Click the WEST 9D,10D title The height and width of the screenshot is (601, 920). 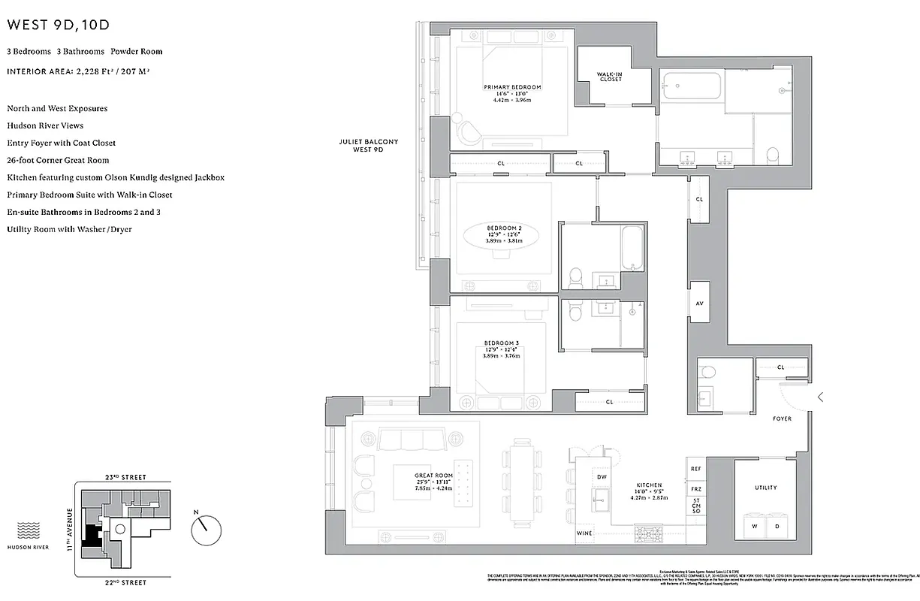59,25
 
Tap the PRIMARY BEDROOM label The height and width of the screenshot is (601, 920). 512,87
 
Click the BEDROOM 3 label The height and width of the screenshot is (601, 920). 502,343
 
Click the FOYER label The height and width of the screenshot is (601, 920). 782,418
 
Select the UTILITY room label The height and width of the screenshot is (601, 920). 765,488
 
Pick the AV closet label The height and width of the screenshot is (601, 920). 699,304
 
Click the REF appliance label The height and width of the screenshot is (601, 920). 696,469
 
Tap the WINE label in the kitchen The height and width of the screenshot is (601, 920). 584,533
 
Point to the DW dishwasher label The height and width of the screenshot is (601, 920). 602,477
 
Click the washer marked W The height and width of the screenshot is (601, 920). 753,526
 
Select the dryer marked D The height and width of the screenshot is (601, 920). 777,526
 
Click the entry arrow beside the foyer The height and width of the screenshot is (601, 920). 821,397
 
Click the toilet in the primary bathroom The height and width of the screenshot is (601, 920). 774,154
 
